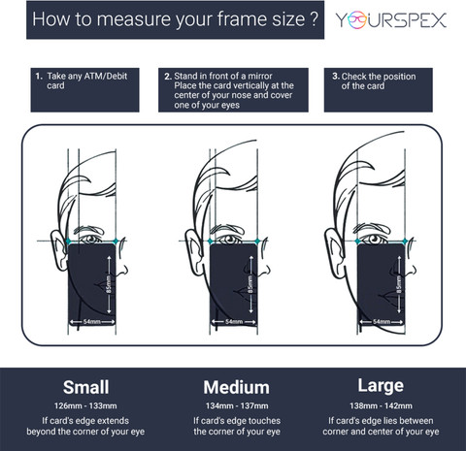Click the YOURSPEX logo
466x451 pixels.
coord(391,20)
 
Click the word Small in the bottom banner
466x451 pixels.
coord(85,387)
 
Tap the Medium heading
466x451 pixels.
coord(236,387)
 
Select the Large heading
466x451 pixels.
coord(381,386)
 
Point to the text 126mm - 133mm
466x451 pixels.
coord(85,405)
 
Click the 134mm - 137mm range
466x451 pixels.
coord(237,405)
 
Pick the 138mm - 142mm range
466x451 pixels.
coord(381,405)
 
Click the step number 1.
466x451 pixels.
coord(39,77)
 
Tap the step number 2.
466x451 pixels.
coord(167,77)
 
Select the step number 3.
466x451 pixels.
coord(335,77)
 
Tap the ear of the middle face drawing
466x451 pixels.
coord(194,252)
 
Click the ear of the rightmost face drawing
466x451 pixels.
coord(334,252)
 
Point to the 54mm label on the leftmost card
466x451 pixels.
coord(92,322)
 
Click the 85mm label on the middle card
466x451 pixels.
coord(250,284)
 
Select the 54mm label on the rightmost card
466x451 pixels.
coord(382,322)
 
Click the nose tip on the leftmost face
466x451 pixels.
coord(126,271)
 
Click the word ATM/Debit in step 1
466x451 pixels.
coord(106,77)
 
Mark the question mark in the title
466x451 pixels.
coord(313,18)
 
